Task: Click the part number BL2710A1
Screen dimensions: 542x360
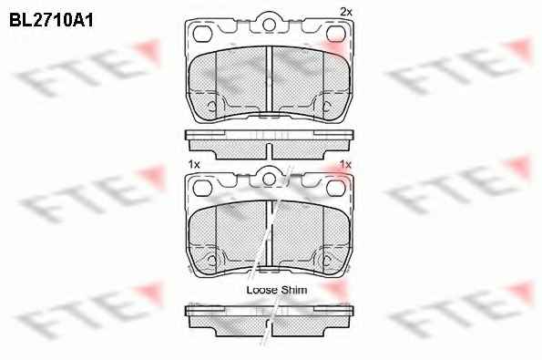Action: [51, 21]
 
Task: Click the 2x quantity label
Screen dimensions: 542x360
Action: [346, 12]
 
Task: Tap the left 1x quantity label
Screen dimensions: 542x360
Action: [194, 165]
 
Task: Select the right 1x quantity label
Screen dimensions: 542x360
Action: [345, 164]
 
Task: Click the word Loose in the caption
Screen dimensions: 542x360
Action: [261, 290]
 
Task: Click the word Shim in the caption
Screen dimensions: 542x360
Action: [294, 290]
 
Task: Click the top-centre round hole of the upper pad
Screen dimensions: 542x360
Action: [269, 25]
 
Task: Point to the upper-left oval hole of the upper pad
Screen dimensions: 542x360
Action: [202, 34]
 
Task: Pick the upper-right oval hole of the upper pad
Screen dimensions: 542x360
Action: [335, 34]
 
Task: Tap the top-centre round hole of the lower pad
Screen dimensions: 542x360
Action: [269, 180]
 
